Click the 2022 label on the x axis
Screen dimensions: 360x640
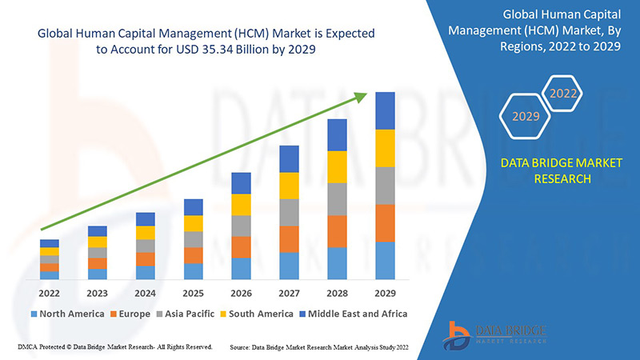point(50,293)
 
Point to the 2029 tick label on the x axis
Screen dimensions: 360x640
point(385,293)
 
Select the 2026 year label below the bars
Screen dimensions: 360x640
point(241,293)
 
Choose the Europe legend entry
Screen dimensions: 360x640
point(130,314)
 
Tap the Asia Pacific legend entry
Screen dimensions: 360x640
point(186,314)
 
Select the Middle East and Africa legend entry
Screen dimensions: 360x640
point(351,314)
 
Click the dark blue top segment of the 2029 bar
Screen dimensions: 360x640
point(385,110)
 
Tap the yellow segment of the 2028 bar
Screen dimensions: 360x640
point(337,166)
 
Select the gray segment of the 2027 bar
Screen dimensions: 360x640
point(289,212)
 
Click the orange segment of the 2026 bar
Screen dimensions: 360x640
point(241,247)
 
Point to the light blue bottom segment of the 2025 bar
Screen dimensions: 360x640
point(193,271)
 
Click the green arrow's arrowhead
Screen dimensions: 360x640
point(361,97)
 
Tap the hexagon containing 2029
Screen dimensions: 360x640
point(526,117)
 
